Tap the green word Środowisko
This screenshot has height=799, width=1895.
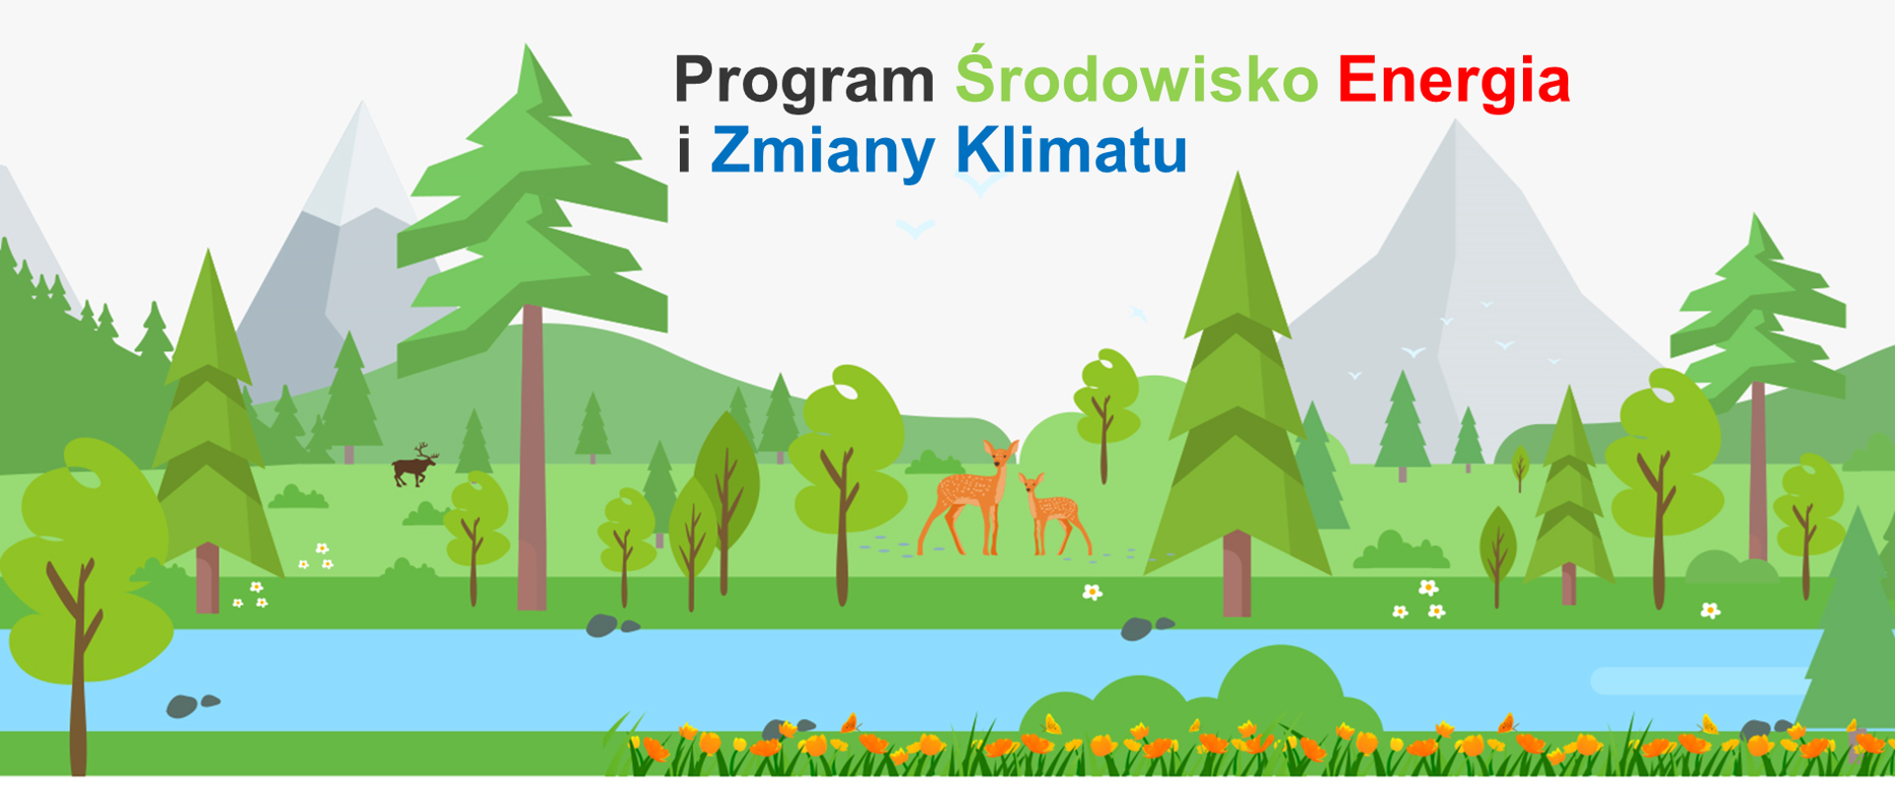[x=1136, y=79]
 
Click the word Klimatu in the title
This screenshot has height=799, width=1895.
[x=1071, y=151]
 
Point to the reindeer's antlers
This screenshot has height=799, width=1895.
[x=424, y=450]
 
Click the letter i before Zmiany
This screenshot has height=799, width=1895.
[x=684, y=151]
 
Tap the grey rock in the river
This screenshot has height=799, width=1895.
[x=183, y=706]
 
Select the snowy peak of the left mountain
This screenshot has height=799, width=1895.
[x=361, y=158]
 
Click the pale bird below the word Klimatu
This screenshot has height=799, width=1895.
[x=915, y=230]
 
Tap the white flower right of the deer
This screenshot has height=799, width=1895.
[x=1092, y=592]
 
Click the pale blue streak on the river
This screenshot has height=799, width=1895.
[x=1698, y=680]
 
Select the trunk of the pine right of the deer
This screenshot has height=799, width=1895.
[x=1237, y=572]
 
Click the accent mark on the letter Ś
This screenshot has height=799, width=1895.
[x=977, y=46]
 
